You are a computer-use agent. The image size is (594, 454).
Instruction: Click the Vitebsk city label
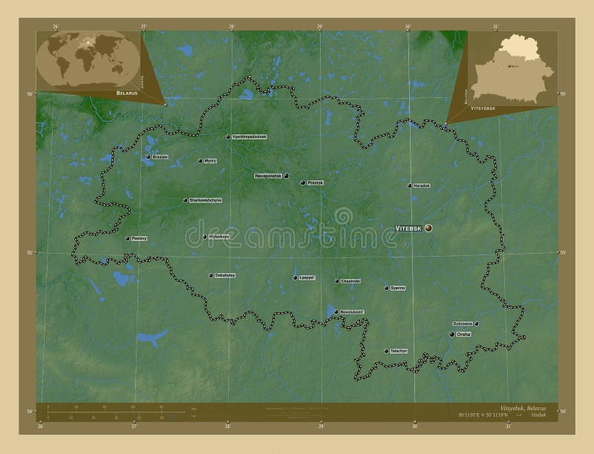pos(408,228)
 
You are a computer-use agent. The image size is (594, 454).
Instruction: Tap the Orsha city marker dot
pos(451,335)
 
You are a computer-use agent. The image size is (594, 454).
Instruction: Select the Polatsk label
pos(315,182)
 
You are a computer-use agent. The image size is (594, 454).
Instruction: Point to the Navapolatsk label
pos(268,176)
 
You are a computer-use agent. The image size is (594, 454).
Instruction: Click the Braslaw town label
pos(160,157)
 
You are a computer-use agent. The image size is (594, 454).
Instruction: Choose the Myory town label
pos(211,161)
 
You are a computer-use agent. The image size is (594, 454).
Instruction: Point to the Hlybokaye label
pos(220,237)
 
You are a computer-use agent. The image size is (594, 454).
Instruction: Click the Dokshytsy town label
pos(225,275)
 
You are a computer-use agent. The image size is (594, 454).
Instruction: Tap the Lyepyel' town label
pos(307,278)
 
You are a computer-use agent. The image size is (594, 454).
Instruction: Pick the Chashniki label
pos(350,281)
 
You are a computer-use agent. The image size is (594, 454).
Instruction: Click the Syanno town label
pos(398,288)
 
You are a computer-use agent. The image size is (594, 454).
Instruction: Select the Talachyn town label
pos(399,351)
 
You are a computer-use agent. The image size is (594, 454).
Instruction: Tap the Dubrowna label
pos(463,323)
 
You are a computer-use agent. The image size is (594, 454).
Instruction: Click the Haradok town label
pos(422,185)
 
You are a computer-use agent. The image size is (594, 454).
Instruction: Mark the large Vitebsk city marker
pos(428,228)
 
